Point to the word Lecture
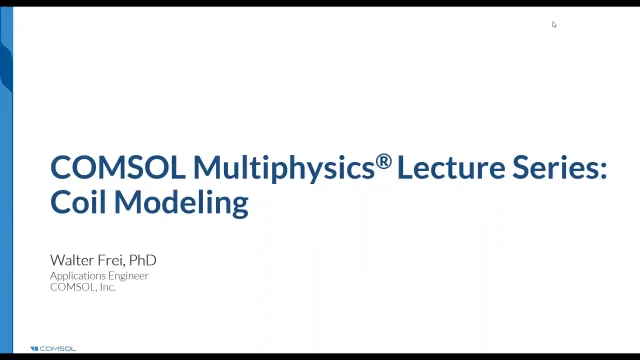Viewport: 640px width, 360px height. point(445,167)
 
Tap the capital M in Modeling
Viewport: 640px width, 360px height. point(126,202)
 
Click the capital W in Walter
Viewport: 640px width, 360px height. point(57,260)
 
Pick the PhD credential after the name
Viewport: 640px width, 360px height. point(144,260)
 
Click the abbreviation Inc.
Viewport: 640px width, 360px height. point(107,287)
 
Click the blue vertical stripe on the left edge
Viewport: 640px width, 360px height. point(6,180)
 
